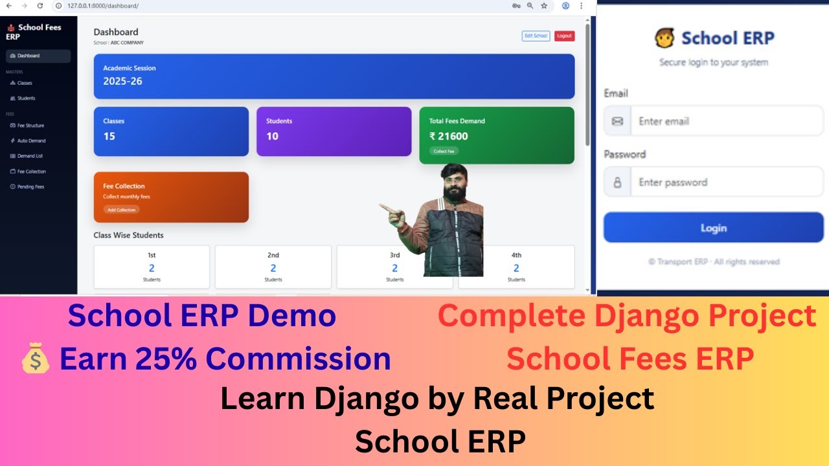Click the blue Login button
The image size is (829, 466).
[x=713, y=228]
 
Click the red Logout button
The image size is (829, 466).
[x=564, y=36]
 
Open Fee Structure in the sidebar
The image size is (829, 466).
[x=30, y=126]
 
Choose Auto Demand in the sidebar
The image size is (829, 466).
[x=31, y=140]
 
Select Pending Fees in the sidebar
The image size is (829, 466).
[x=30, y=187]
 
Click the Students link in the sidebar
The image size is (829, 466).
[x=26, y=98]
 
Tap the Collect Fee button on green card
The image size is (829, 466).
[x=444, y=151]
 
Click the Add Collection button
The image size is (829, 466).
[x=121, y=210]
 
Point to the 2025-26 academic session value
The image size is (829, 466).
[x=122, y=82]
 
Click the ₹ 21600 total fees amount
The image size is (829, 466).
[x=448, y=136]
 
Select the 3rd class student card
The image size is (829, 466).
[x=394, y=267]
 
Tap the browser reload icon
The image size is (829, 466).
[x=40, y=5]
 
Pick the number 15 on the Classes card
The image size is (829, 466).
[x=109, y=136]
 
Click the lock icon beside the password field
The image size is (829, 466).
[x=617, y=183]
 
